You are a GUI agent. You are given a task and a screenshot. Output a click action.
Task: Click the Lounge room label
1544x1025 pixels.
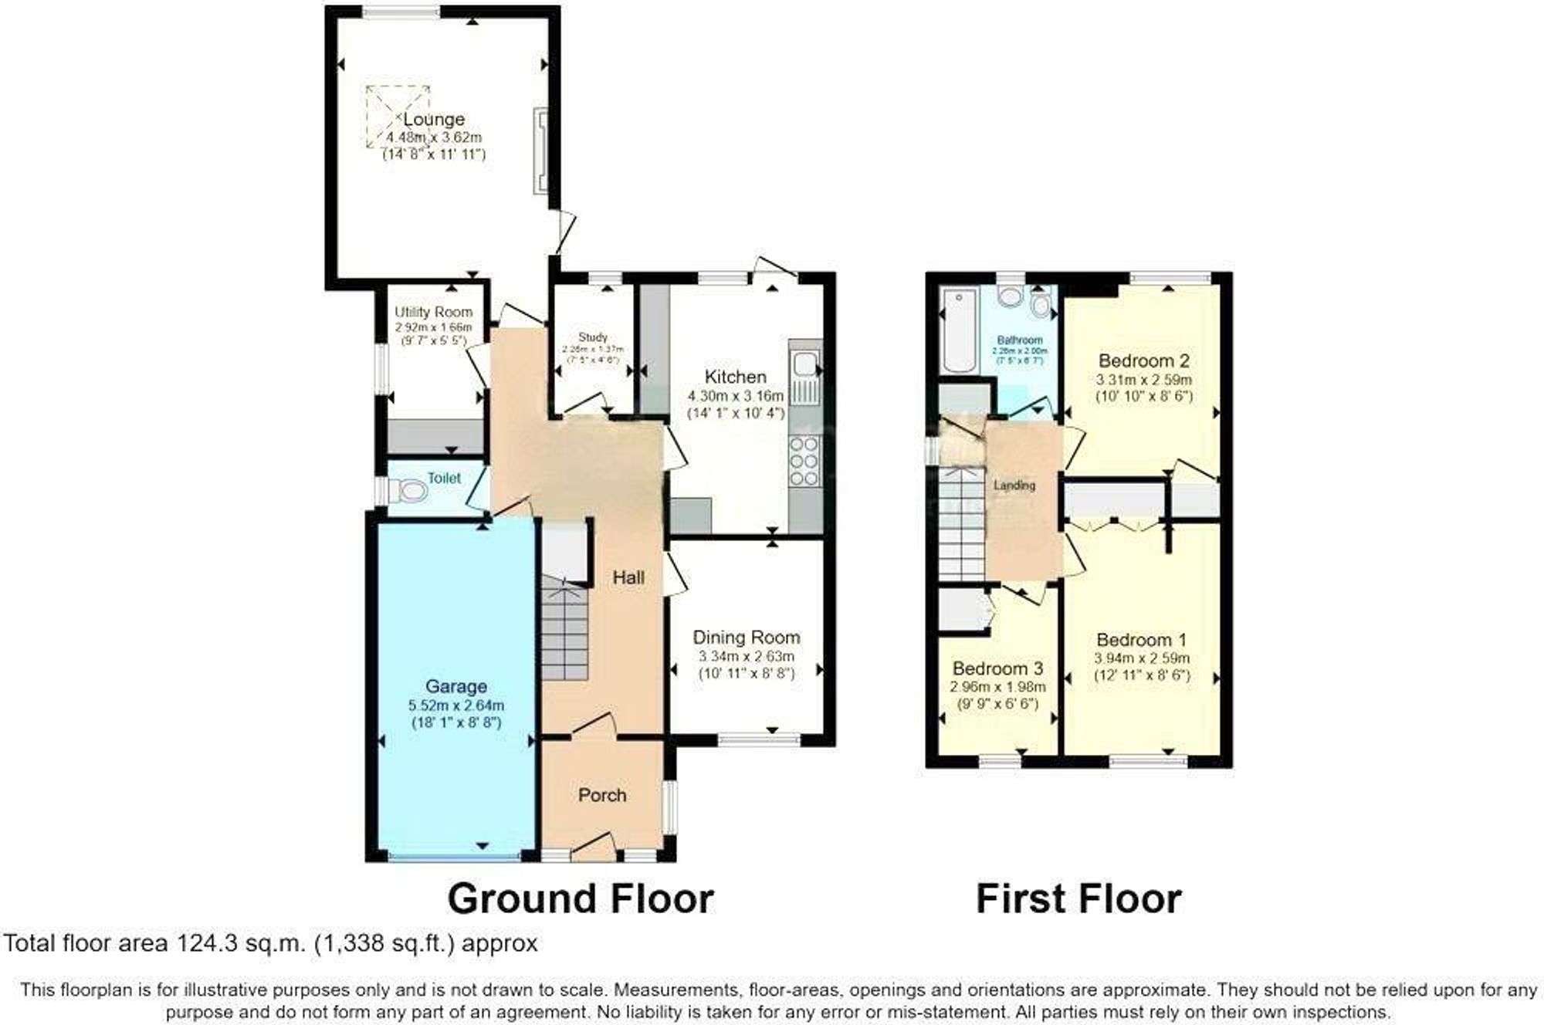tap(434, 120)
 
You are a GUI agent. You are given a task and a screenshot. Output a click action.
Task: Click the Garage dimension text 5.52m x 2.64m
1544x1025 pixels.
tap(455, 705)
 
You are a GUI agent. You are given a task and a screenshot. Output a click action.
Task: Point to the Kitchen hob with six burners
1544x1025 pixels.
tap(804, 462)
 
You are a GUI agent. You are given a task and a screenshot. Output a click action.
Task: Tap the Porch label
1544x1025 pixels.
tap(602, 795)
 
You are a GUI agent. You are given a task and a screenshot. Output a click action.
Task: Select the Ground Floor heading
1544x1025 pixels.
tap(581, 898)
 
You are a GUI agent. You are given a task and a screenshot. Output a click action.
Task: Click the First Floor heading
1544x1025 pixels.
tap(1078, 898)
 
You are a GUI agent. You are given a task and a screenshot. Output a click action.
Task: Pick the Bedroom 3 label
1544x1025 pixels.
tap(997, 668)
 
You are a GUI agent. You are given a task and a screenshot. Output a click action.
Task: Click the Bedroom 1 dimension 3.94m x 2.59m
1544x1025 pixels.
tap(1142, 658)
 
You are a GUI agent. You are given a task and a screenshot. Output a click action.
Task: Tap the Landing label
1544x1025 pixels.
tap(1014, 485)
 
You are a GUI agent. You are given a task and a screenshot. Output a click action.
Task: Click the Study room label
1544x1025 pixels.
tap(593, 337)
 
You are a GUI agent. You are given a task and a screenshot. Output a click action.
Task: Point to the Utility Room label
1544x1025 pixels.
tap(433, 312)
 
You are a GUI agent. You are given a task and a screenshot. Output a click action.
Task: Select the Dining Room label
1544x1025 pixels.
tap(746, 638)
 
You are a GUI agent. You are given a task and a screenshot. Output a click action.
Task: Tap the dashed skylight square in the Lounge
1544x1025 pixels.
tap(397, 117)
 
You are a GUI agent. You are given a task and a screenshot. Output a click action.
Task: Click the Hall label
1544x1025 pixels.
tap(628, 577)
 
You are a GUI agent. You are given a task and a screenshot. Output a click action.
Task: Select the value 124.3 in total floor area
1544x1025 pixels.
tap(202, 943)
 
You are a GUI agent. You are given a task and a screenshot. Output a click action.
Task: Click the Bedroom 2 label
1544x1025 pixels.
tap(1143, 360)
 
